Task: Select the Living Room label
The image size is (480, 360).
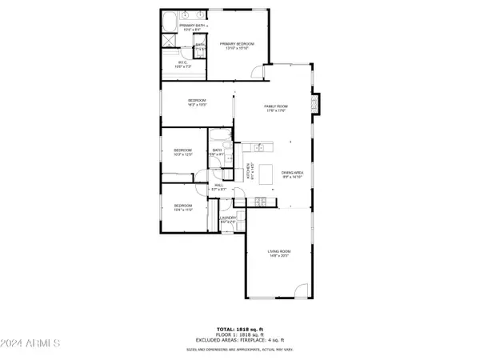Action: point(279,254)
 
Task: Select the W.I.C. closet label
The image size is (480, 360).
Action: point(182,64)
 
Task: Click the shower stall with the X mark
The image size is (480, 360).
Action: point(171,42)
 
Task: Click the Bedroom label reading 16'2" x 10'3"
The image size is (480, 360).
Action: point(198,102)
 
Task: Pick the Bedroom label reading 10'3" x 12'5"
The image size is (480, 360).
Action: point(184,152)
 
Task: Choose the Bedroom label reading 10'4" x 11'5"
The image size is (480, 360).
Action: point(183,208)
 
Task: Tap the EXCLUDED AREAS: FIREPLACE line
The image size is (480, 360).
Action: point(239,341)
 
